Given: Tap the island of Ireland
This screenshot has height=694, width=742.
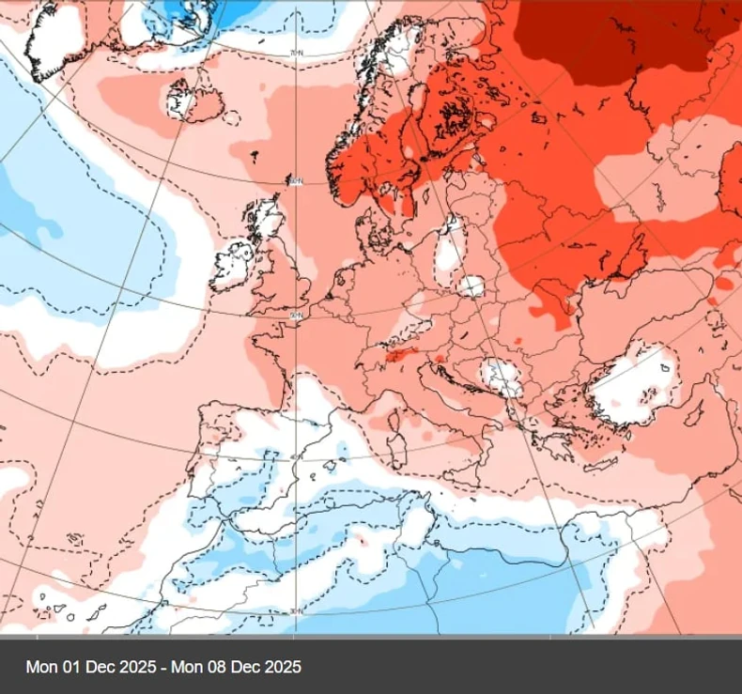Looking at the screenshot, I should (232, 266).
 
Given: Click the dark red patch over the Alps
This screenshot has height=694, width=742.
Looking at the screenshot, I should (399, 355).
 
